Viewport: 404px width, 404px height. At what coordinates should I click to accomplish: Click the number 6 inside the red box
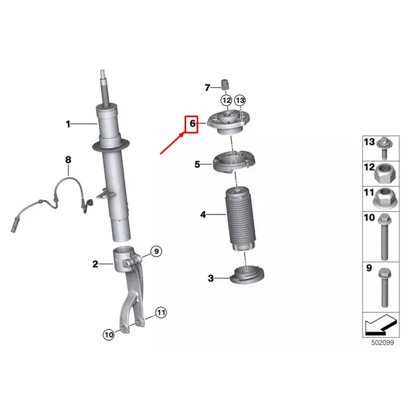193,124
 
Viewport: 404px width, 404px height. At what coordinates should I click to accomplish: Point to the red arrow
173,143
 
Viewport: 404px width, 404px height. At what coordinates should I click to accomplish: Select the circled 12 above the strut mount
226,100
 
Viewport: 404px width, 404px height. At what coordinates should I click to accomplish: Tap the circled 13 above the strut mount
240,100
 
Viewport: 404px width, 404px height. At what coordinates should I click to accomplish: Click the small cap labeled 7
225,85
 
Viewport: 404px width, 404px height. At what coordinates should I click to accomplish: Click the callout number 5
197,165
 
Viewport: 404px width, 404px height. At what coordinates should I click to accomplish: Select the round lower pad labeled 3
247,275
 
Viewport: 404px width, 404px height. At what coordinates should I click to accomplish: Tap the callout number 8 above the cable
68,160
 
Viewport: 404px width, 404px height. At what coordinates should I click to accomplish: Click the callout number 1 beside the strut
68,124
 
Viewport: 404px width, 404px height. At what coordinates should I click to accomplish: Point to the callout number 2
95,264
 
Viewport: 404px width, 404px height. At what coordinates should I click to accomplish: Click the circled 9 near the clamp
156,251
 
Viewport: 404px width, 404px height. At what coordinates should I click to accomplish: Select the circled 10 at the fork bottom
109,335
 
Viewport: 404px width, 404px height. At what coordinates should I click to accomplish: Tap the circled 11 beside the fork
161,313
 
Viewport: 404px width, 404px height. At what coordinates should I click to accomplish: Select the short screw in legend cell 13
384,148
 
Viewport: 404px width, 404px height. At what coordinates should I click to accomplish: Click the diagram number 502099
382,343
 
